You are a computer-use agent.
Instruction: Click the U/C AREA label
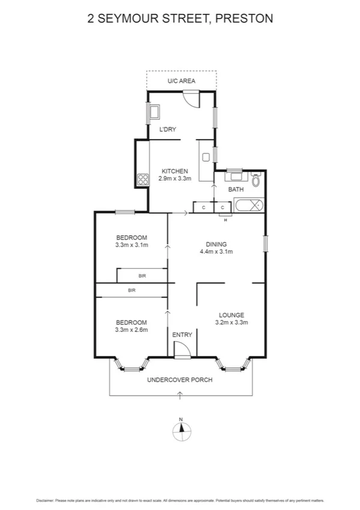182,81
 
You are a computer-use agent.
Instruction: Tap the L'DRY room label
167,129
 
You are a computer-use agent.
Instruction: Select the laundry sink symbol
154,112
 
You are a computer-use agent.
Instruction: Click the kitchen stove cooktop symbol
143,179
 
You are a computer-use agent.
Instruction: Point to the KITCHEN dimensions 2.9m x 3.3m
174,179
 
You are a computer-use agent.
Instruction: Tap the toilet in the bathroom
256,180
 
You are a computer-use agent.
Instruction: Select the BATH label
236,190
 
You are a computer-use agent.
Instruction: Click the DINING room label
216,244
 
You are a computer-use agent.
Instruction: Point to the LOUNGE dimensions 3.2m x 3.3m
231,322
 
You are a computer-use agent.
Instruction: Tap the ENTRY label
182,334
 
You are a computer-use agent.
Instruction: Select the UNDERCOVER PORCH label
180,379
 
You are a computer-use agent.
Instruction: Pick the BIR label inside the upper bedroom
142,275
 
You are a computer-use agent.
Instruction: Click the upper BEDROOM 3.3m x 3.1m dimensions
132,245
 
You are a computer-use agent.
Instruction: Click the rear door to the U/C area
191,97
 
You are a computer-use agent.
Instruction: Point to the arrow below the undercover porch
180,393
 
